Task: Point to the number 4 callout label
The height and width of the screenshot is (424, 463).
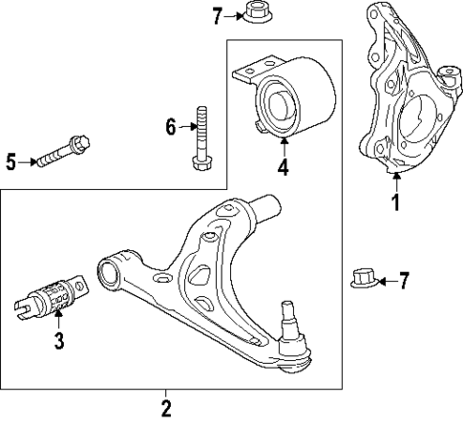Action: coord(283,170)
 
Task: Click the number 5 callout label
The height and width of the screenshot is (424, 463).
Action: coord(11,161)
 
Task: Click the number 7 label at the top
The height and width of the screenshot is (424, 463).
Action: coord(218,16)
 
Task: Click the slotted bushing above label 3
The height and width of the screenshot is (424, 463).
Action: coord(54,296)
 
